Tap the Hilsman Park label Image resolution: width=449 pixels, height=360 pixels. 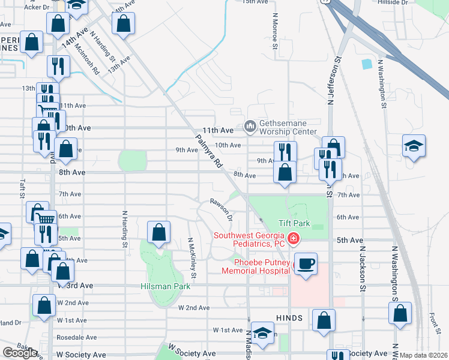pos(166,286)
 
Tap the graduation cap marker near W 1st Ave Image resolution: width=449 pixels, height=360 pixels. pos(262,334)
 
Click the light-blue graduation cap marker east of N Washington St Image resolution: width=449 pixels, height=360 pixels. pos(414,146)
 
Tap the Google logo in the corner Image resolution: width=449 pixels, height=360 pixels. pos(20,352)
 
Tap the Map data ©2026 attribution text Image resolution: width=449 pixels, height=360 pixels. pos(424,355)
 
